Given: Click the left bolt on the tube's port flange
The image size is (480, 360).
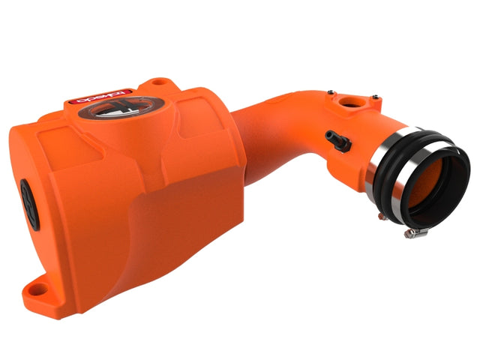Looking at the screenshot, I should tap(329, 91).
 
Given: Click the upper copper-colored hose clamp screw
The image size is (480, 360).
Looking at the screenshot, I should tap(380, 216).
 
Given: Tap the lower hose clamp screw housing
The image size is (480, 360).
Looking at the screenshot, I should tap(415, 233).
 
